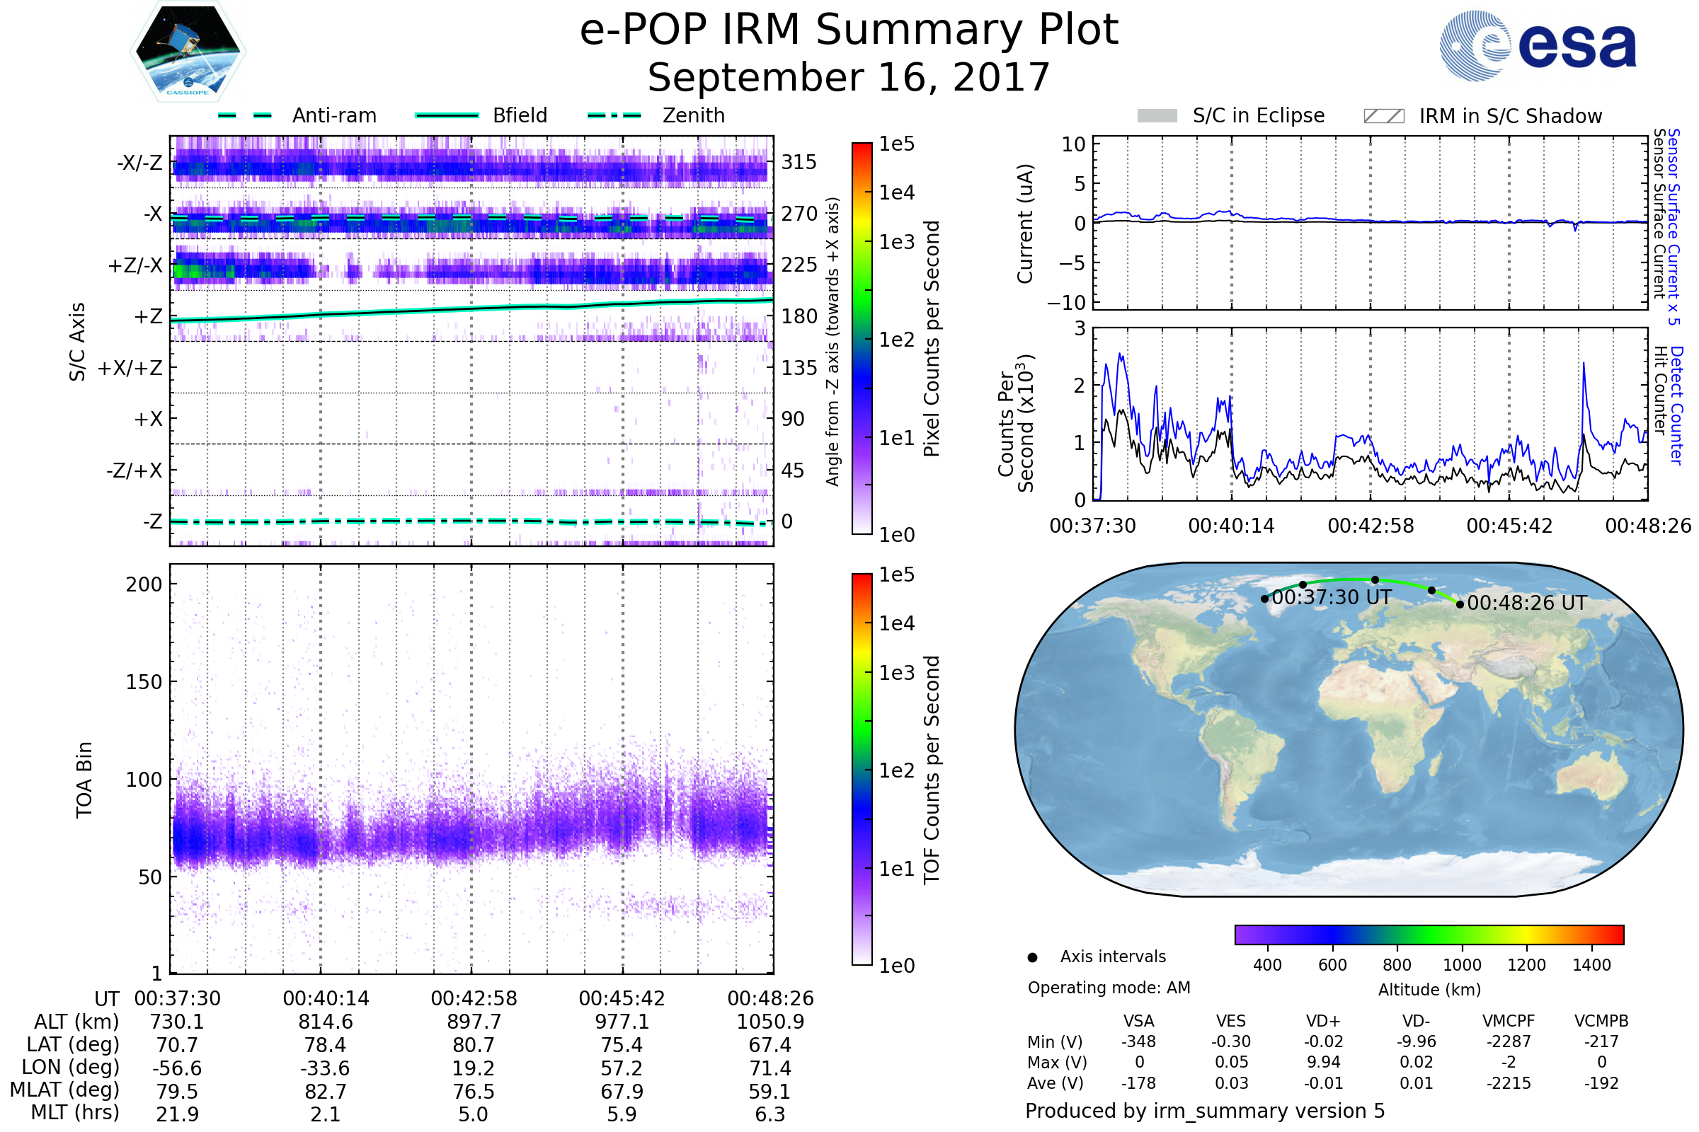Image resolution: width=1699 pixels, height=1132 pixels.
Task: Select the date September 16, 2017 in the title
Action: click(849, 78)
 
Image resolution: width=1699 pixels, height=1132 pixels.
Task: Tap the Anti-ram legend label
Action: click(333, 115)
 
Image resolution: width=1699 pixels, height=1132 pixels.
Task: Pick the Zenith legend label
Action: click(694, 115)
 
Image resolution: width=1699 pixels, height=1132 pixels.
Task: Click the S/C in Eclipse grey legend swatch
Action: click(1157, 116)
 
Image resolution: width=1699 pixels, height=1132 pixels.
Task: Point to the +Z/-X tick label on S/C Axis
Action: click(135, 266)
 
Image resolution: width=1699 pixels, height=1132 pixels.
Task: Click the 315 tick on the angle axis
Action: click(799, 163)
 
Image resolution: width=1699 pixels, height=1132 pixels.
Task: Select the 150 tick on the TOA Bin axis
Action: click(144, 682)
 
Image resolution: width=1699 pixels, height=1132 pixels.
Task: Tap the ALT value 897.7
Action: click(474, 1022)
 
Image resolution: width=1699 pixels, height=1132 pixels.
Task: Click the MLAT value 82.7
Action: click(326, 1092)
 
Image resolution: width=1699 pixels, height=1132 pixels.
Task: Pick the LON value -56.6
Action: click(177, 1068)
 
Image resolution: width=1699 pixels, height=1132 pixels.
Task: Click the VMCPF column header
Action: click(1509, 1022)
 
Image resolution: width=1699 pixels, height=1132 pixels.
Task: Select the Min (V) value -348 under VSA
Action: click(1138, 1041)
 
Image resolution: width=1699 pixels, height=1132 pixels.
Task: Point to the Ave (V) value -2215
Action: click(1509, 1084)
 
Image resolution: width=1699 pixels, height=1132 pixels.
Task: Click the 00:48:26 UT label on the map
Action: click(1527, 603)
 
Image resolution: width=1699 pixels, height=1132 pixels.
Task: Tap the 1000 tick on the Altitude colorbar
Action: click(1462, 965)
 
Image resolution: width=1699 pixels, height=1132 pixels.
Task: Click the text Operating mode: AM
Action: click(1109, 988)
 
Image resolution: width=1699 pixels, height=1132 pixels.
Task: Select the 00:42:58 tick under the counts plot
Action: click(1371, 526)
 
